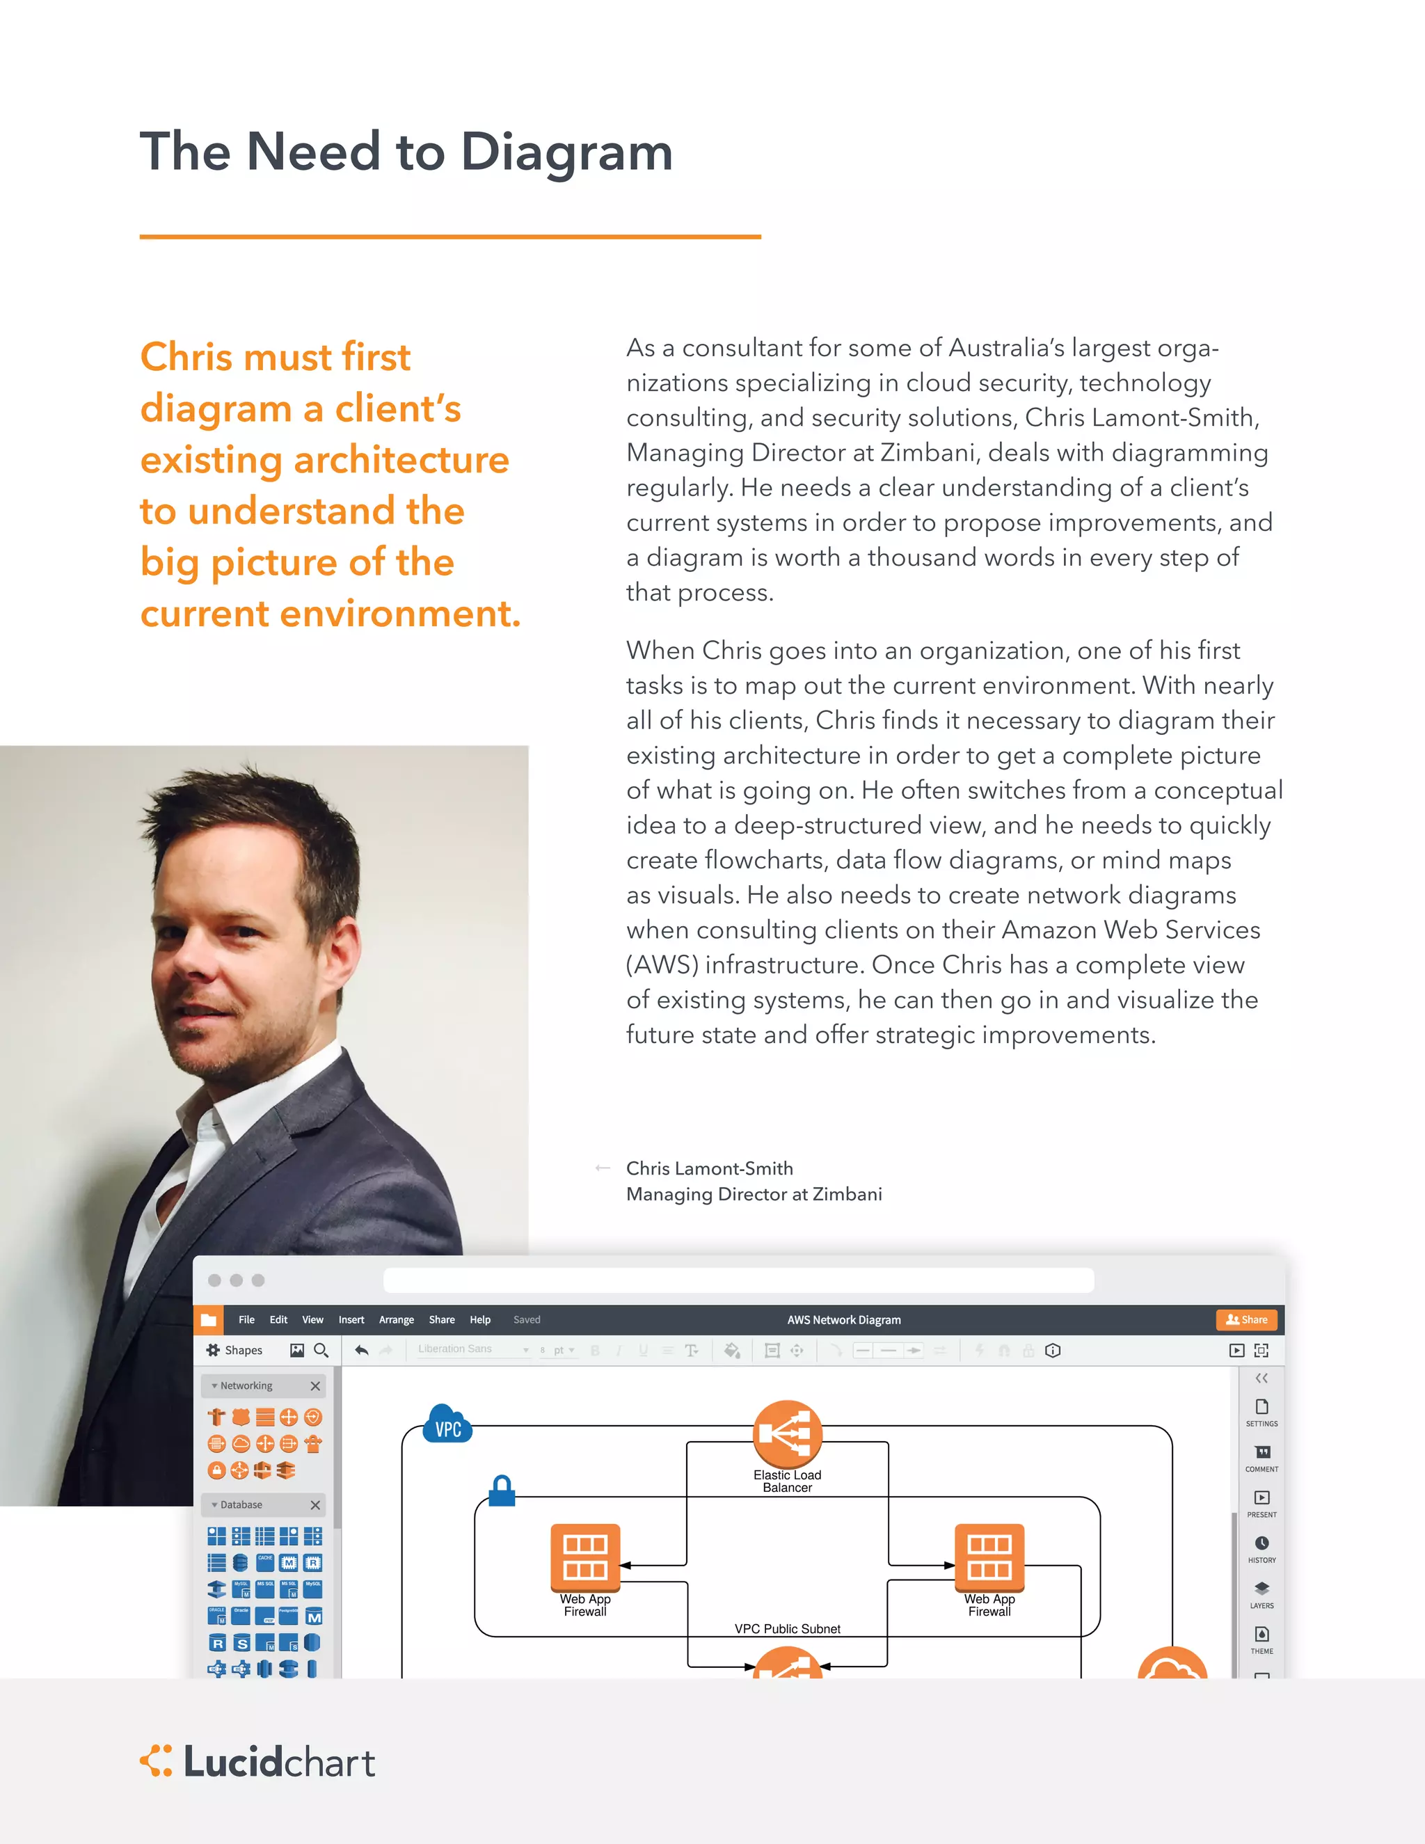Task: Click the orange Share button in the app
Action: coord(1246,1319)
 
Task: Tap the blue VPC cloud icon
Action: coord(447,1426)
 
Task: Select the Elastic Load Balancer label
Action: coord(787,1481)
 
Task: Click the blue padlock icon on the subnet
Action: coord(502,1491)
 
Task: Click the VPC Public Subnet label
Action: coord(787,1629)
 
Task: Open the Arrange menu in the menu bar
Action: coord(396,1319)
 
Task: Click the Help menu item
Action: coord(479,1319)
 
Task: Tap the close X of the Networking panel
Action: coord(315,1385)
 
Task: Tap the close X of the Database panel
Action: coord(315,1504)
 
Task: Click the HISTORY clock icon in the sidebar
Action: coord(1261,1543)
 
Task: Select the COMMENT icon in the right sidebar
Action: coord(1261,1452)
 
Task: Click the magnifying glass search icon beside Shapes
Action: coord(321,1350)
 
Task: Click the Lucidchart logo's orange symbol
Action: coord(156,1760)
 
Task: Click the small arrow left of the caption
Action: coord(602,1168)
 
